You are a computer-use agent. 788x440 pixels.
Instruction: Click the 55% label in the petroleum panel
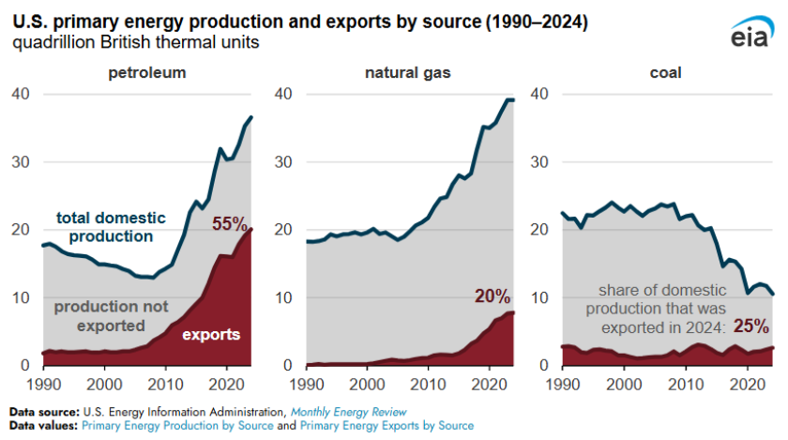[229, 224]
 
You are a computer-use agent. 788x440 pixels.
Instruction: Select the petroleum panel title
[147, 72]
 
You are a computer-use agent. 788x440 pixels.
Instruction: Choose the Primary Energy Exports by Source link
[394, 425]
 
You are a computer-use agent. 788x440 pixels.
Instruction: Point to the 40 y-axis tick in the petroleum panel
[21, 94]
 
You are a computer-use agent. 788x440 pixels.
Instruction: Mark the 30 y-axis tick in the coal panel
[541, 161]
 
